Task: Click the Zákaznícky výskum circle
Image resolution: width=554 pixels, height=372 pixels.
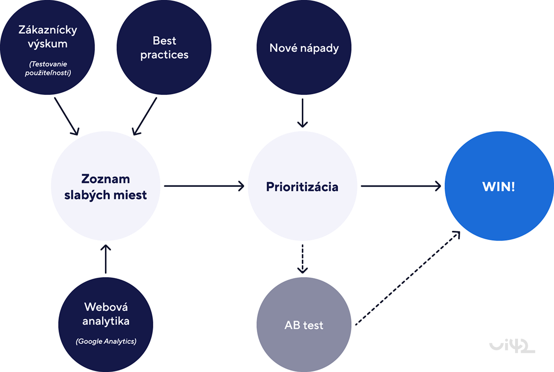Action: pyautogui.click(x=47, y=47)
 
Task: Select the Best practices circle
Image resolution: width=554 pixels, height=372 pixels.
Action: pyautogui.click(x=164, y=47)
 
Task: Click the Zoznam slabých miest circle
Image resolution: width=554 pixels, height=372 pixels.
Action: pyautogui.click(x=105, y=186)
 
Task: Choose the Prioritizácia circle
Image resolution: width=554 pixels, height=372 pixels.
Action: pyautogui.click(x=302, y=186)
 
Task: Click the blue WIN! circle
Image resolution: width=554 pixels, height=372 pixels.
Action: pyautogui.click(x=499, y=186)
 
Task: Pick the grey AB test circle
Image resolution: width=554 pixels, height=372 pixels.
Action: pyautogui.click(x=304, y=325)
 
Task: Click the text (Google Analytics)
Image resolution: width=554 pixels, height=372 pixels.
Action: pyautogui.click(x=106, y=341)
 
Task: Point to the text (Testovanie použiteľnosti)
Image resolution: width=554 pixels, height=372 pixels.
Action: pyautogui.click(x=47, y=68)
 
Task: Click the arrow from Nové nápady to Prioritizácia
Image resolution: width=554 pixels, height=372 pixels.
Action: pyautogui.click(x=303, y=113)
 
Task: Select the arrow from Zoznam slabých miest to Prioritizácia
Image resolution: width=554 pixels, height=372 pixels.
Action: pyautogui.click(x=204, y=186)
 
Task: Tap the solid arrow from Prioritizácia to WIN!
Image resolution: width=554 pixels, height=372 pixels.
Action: pyautogui.click(x=401, y=186)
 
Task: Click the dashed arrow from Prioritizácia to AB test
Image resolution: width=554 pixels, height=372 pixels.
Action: pyautogui.click(x=303, y=258)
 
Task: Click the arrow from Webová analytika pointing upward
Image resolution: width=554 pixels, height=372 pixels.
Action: pyautogui.click(x=106, y=258)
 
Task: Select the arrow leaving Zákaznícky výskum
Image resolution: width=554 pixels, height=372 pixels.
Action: pyautogui.click(x=66, y=116)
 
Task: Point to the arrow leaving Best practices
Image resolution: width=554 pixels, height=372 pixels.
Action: pyautogui.click(x=144, y=116)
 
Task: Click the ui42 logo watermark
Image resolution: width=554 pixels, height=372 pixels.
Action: pyautogui.click(x=512, y=346)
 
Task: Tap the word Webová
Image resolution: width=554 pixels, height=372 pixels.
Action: pyautogui.click(x=106, y=307)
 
